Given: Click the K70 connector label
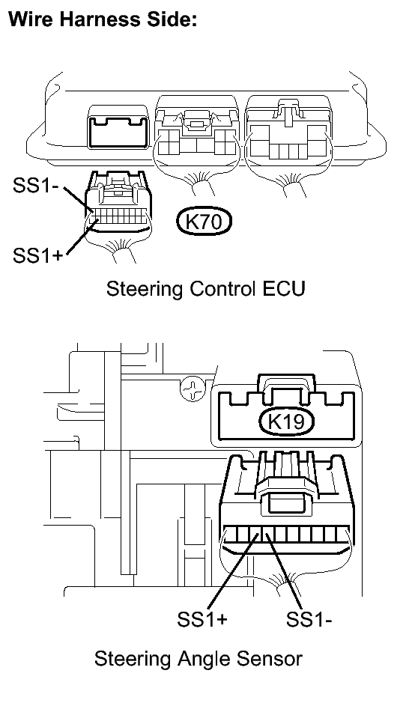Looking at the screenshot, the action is pyautogui.click(x=205, y=222).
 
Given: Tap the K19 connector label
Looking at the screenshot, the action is pyautogui.click(x=286, y=422).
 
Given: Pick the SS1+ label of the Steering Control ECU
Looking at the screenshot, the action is pyautogui.click(x=37, y=255).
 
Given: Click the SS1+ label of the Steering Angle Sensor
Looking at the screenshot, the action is pyautogui.click(x=202, y=619).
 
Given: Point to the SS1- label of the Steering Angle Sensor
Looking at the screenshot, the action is pyautogui.click(x=309, y=619).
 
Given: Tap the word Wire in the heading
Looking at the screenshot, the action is pyautogui.click(x=32, y=19).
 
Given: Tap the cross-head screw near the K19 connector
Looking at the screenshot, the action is pyautogui.click(x=192, y=389).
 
